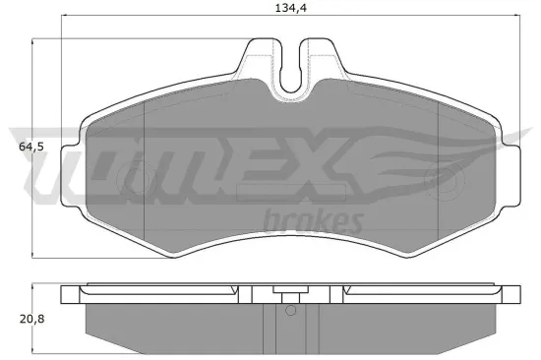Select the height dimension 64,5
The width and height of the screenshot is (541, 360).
[31, 147]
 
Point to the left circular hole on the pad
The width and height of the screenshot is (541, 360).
[127, 178]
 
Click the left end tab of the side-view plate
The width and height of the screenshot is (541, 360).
[70, 294]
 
